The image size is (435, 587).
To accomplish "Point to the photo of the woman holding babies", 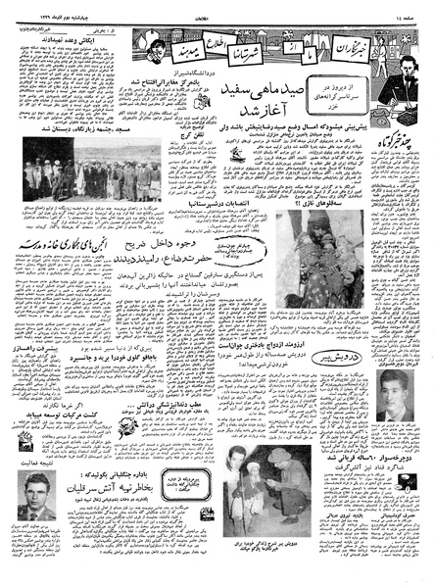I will coord(299,279).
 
